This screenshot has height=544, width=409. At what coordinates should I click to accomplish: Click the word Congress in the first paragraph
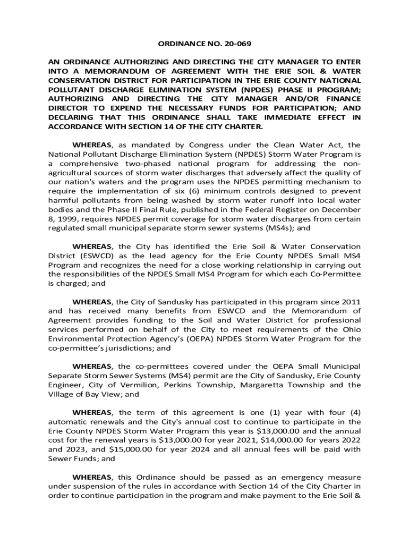coord(213,144)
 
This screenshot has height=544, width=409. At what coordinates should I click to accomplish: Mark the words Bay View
coord(95,395)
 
